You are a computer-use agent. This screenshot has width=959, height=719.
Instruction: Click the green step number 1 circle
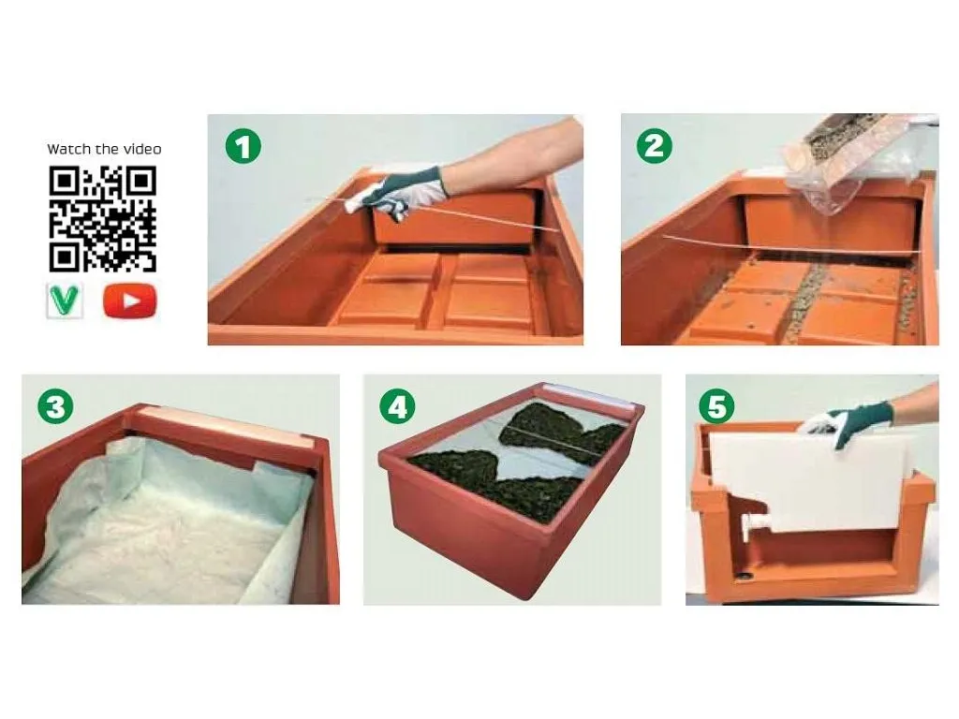(x=243, y=147)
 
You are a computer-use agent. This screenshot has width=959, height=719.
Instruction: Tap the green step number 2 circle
(x=655, y=146)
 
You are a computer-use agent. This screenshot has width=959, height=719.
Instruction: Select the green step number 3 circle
(x=55, y=406)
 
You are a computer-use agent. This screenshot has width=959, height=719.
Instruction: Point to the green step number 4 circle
(x=397, y=406)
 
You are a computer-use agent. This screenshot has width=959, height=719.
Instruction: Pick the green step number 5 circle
(x=716, y=406)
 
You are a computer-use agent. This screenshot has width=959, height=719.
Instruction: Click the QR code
(x=103, y=218)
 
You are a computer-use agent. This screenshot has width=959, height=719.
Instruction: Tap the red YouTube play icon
(x=129, y=301)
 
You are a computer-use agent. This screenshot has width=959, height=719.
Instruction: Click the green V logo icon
(x=65, y=301)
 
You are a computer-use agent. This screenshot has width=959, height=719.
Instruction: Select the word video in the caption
(x=141, y=149)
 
